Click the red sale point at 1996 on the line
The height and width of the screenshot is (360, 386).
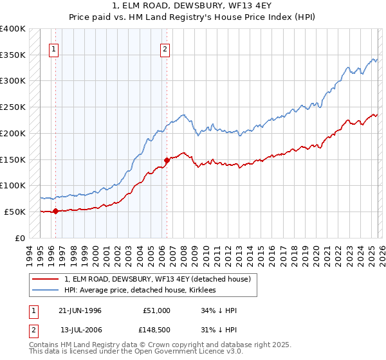pyautogui.click(x=55, y=211)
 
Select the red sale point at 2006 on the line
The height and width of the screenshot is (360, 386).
pyautogui.click(x=167, y=159)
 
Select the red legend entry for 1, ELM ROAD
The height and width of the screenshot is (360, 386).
pyautogui.click(x=161, y=279)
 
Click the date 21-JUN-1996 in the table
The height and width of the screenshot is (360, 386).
pyautogui.click(x=80, y=310)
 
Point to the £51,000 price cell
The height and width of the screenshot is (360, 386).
pyautogui.click(x=156, y=310)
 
